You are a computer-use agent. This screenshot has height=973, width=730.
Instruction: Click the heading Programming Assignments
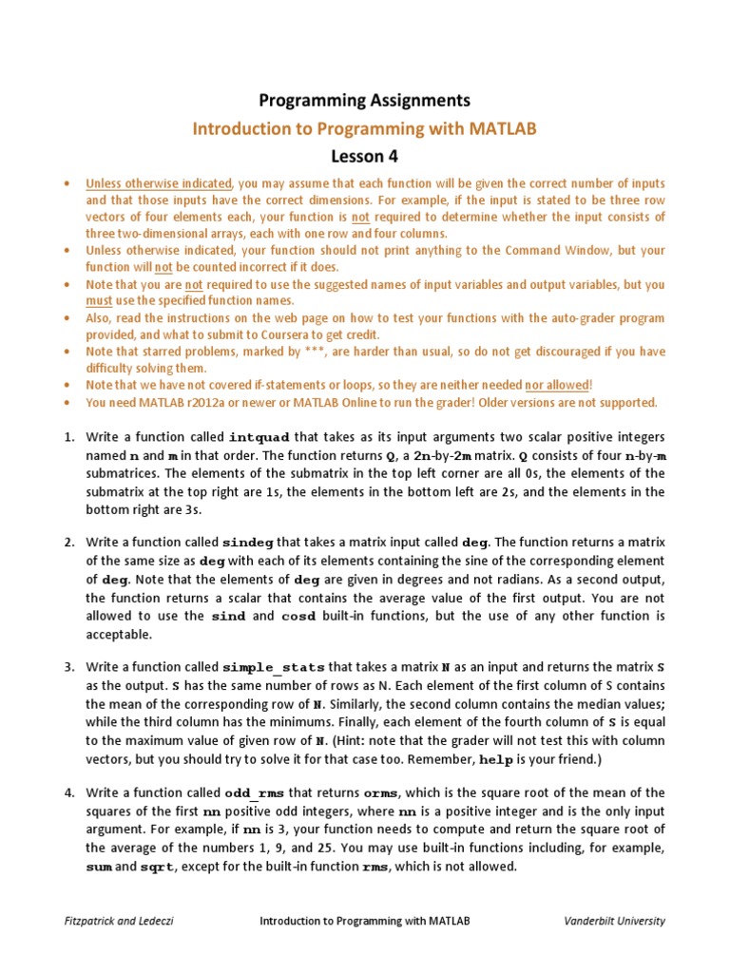pyautogui.click(x=365, y=100)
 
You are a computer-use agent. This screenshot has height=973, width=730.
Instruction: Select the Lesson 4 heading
pyautogui.click(x=365, y=155)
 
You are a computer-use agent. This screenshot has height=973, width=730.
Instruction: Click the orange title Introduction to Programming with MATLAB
pyautogui.click(x=365, y=127)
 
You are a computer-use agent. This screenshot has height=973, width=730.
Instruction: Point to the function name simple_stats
pyautogui.click(x=274, y=668)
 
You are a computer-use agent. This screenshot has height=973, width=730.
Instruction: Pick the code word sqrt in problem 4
pyautogui.click(x=157, y=867)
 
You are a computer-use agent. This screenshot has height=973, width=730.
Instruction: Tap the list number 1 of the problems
pyautogui.click(x=68, y=438)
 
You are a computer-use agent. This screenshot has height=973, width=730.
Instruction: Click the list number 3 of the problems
pyautogui.click(x=68, y=668)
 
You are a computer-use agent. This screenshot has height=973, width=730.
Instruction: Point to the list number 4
pyautogui.click(x=68, y=793)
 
